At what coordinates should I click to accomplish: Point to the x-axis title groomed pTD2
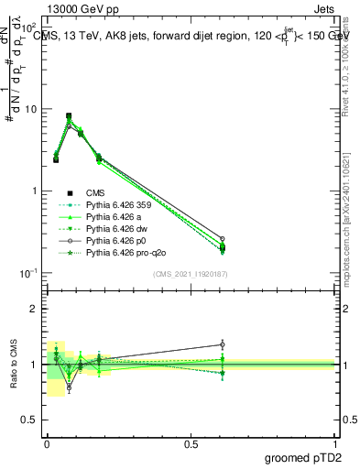point(305,457)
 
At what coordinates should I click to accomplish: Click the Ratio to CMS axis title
point(13,365)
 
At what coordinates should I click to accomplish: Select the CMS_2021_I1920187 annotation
point(191,273)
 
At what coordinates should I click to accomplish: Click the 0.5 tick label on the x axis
point(191,442)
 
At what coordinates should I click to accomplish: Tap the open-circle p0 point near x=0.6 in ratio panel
point(222,344)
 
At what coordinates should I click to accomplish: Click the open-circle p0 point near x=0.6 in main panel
point(222,238)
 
